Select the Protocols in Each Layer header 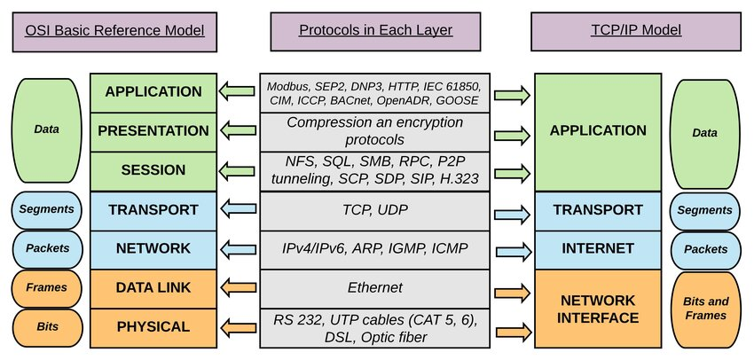point(376,29)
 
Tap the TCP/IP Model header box point(636,29)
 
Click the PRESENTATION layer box point(153,131)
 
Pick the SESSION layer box point(153,170)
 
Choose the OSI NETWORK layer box point(153,248)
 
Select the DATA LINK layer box point(153,287)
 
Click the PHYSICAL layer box point(153,326)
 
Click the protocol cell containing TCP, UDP point(376,209)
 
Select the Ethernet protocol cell point(376,287)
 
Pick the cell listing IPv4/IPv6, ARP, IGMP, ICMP point(376,248)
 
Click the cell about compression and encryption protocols point(376,131)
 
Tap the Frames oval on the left point(46,288)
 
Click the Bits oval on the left point(46,327)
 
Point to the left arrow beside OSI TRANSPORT point(237,210)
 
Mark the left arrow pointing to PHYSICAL point(237,328)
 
